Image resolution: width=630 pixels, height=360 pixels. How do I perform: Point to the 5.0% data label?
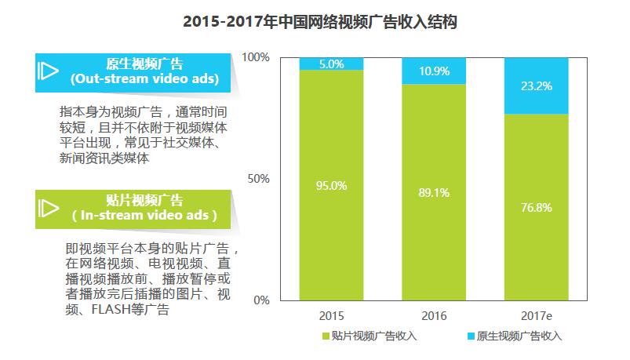(331, 64)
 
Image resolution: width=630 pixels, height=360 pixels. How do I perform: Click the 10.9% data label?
(433, 71)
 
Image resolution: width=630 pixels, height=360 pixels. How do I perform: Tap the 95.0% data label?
(331, 185)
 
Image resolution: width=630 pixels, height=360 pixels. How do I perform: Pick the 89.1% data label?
(433, 191)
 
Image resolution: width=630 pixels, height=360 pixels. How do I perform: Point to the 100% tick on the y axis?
(256, 57)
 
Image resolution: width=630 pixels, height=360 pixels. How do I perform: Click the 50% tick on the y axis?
(259, 179)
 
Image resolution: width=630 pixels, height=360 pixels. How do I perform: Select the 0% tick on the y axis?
(262, 300)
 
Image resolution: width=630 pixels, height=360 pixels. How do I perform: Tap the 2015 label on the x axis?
(331, 316)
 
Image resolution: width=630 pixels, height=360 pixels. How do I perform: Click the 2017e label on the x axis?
(536, 316)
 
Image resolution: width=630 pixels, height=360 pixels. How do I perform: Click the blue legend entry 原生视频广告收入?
(511, 336)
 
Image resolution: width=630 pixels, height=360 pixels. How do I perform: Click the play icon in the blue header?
(48, 71)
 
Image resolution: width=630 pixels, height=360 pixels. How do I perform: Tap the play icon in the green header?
(48, 207)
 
